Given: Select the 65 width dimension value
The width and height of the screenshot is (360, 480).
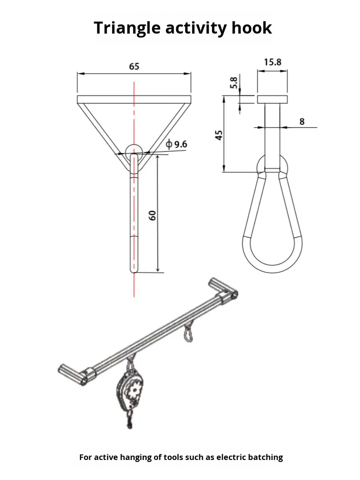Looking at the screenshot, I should (134, 66).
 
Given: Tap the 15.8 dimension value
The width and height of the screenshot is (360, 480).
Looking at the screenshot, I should (272, 62).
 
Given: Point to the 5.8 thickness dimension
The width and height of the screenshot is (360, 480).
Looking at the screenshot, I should (234, 83).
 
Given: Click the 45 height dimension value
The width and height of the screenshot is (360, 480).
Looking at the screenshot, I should (219, 135).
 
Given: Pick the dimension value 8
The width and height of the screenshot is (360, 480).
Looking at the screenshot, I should (302, 122).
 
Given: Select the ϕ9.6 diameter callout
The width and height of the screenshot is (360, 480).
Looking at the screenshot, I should (176, 144).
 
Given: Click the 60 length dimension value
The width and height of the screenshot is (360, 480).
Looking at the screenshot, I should (152, 215).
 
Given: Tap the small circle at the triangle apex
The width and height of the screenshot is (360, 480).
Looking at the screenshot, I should (134, 151).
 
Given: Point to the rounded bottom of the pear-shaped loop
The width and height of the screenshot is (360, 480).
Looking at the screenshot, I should (272, 267).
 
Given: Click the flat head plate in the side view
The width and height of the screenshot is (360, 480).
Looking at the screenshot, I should (272, 99).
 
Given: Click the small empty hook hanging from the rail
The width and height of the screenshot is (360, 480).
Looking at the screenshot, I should (188, 334).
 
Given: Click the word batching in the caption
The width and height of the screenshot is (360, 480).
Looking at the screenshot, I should (264, 457).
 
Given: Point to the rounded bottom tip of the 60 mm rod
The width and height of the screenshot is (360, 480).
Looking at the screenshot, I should (134, 270).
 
